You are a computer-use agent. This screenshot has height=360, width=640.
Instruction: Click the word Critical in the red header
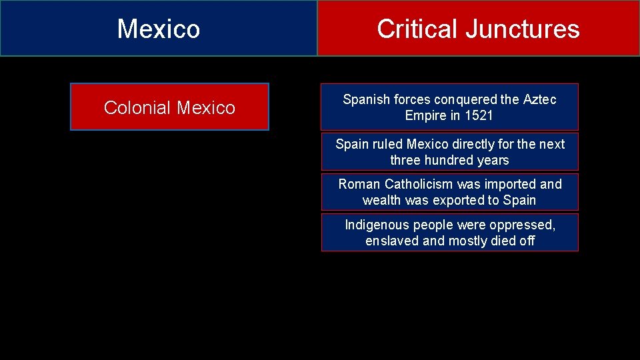click(417, 29)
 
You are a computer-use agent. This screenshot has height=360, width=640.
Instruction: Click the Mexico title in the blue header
click(158, 29)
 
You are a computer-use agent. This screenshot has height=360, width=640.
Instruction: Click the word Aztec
click(540, 99)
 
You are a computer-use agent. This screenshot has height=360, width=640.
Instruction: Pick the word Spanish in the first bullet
click(367, 99)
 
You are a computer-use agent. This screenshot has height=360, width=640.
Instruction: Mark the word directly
click(474, 144)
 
